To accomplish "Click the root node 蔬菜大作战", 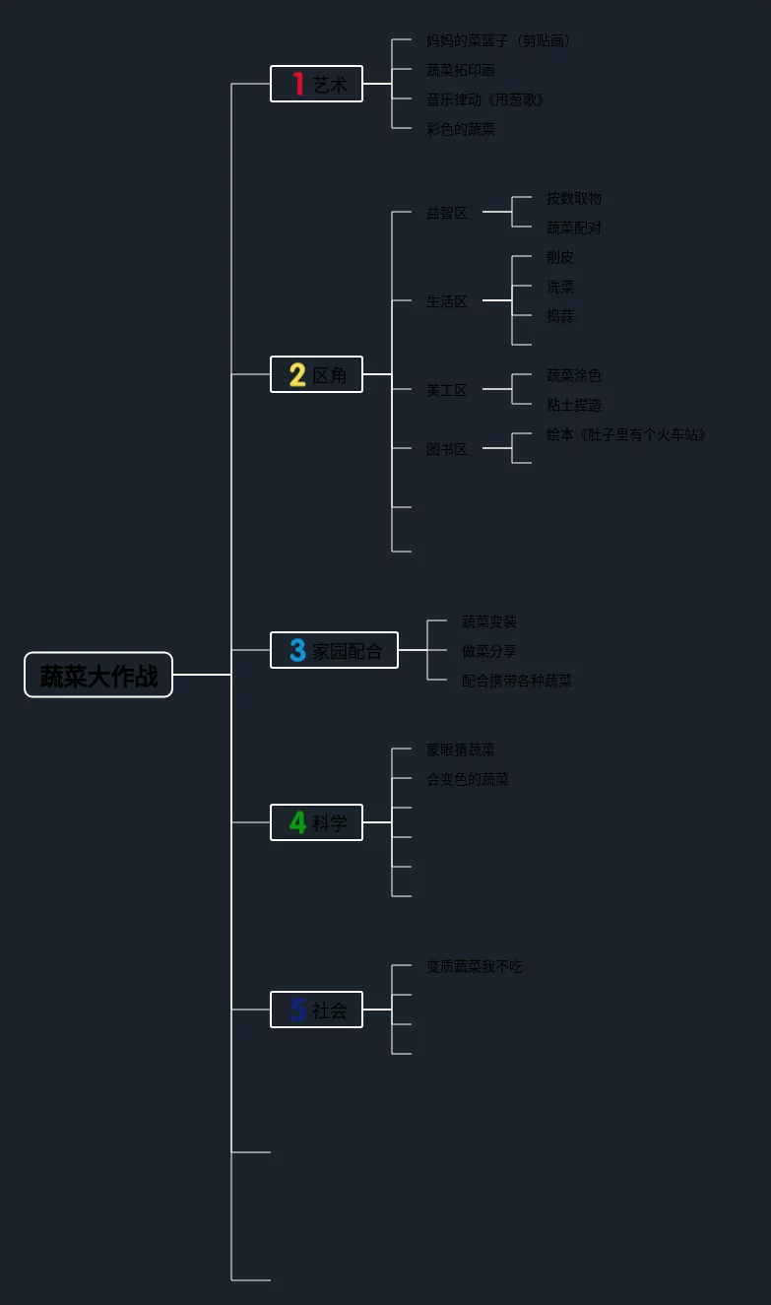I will pyautogui.click(x=98, y=676).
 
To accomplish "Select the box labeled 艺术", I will pyautogui.click(x=317, y=85).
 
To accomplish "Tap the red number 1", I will pyautogui.click(x=297, y=85).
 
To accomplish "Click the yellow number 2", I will pyautogui.click(x=297, y=375).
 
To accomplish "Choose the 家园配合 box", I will pyautogui.click(x=335, y=651).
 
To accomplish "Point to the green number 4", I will pyautogui.click(x=297, y=822).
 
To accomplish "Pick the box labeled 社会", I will pyautogui.click(x=317, y=1011).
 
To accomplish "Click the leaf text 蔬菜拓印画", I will pyautogui.click(x=461, y=70).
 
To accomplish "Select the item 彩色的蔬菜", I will pyautogui.click(x=461, y=129).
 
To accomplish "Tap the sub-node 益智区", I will pyautogui.click(x=447, y=213).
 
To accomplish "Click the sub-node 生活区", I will pyautogui.click(x=447, y=301).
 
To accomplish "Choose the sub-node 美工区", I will pyautogui.click(x=447, y=390).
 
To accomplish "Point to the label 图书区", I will pyautogui.click(x=447, y=449).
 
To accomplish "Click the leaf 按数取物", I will pyautogui.click(x=574, y=198).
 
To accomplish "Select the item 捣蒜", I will pyautogui.click(x=560, y=316).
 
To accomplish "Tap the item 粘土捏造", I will pyautogui.click(x=574, y=405).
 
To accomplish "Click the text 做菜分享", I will pyautogui.click(x=489, y=651).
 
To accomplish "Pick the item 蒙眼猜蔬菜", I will pyautogui.click(x=461, y=750).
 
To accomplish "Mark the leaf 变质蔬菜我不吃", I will pyautogui.click(x=475, y=966).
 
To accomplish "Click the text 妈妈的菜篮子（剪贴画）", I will pyautogui.click(x=498, y=40).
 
